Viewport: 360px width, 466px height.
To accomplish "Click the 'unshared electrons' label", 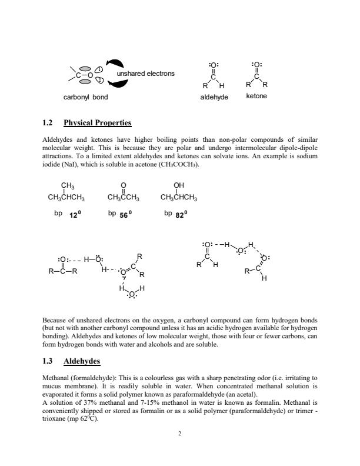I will point(145,74).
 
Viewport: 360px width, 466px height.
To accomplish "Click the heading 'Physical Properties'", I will point(97,123).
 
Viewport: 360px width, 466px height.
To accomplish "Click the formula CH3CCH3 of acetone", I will point(124,197).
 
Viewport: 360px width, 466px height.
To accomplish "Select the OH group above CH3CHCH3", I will point(179,185).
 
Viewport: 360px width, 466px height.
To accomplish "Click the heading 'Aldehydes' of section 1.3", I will point(82,360).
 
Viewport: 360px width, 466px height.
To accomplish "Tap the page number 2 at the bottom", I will point(180,434).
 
